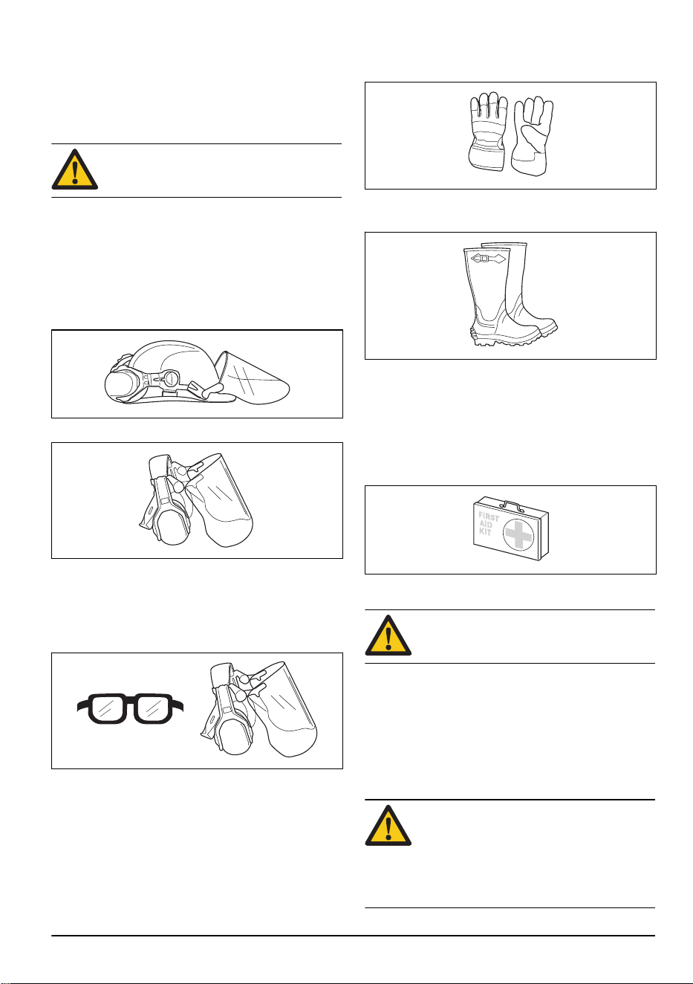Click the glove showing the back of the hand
coord(487,132)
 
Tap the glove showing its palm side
coord(533,136)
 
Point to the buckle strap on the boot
coord(488,259)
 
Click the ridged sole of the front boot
coord(505,338)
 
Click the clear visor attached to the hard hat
coord(254,378)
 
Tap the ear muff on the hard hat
coord(121,385)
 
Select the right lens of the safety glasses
coord(154,709)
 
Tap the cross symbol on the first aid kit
coord(518,535)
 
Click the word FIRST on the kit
coord(489,517)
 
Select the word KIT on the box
coord(485,531)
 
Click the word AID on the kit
coord(487,524)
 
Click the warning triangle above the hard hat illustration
coord(75,169)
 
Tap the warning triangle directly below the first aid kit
coord(388,635)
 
